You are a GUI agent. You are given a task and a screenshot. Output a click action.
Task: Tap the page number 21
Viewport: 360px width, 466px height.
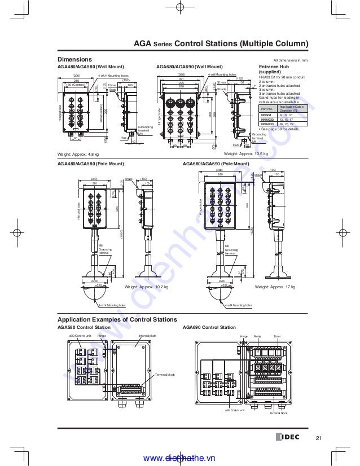pyautogui.click(x=319, y=438)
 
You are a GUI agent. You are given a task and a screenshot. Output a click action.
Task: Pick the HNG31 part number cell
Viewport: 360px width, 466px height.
pyautogui.click(x=266, y=115)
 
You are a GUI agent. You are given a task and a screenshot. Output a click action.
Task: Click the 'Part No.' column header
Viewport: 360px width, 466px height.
pyautogui.click(x=266, y=108)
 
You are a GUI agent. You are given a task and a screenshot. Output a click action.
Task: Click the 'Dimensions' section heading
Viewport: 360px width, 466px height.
pyautogui.click(x=74, y=59)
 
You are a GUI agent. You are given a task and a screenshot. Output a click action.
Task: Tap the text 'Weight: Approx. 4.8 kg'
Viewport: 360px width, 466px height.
pyautogui.click(x=78, y=154)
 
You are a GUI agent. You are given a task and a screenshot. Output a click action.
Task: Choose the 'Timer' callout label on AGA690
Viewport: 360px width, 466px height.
pyautogui.click(x=276, y=336)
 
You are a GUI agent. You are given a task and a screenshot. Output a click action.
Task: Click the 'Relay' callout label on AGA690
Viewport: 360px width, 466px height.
pyautogui.click(x=257, y=336)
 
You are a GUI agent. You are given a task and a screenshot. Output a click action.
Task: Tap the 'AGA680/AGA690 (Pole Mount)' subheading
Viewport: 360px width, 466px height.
pyautogui.click(x=216, y=164)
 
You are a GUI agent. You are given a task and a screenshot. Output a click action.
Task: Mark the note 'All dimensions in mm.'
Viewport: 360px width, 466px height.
pyautogui.click(x=290, y=60)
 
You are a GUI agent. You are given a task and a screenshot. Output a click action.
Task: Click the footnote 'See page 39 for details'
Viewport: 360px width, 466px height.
pyautogui.click(x=280, y=129)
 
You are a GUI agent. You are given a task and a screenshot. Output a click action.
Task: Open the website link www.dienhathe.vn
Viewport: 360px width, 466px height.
pyautogui.click(x=179, y=459)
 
